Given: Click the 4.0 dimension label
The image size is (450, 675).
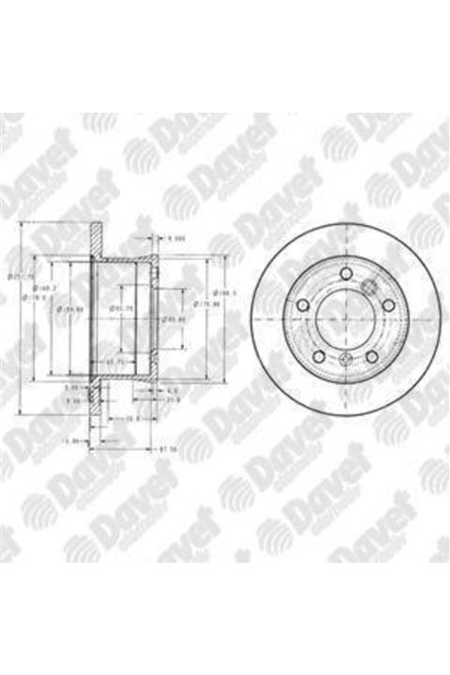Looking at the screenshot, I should click(172, 388).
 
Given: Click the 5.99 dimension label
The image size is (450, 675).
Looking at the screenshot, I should click(71, 386).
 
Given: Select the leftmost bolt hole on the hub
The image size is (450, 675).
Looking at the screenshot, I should click(305, 305).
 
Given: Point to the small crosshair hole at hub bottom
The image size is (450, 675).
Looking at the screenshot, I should click(346, 363).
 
